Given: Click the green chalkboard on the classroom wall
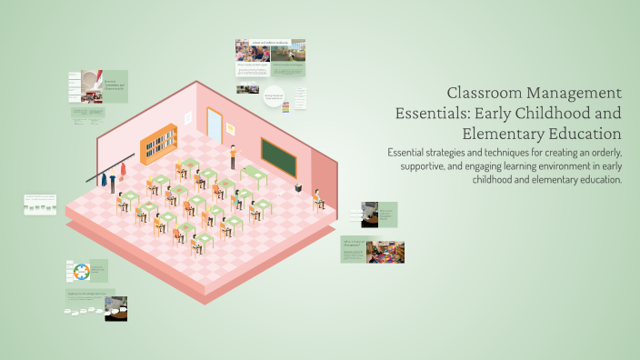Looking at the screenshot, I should point(280,156).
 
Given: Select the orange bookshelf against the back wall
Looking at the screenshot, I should point(158,139).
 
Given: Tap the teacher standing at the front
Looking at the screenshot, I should point(232,156).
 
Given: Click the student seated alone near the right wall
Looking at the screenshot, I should point(318,198).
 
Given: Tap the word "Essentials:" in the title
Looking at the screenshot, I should point(433,115).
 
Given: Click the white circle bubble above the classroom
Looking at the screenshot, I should point(275,96).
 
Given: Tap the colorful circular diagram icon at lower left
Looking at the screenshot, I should point(79,272).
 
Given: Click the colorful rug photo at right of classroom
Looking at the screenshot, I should point(385,251).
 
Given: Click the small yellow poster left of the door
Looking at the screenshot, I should point(190,116).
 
